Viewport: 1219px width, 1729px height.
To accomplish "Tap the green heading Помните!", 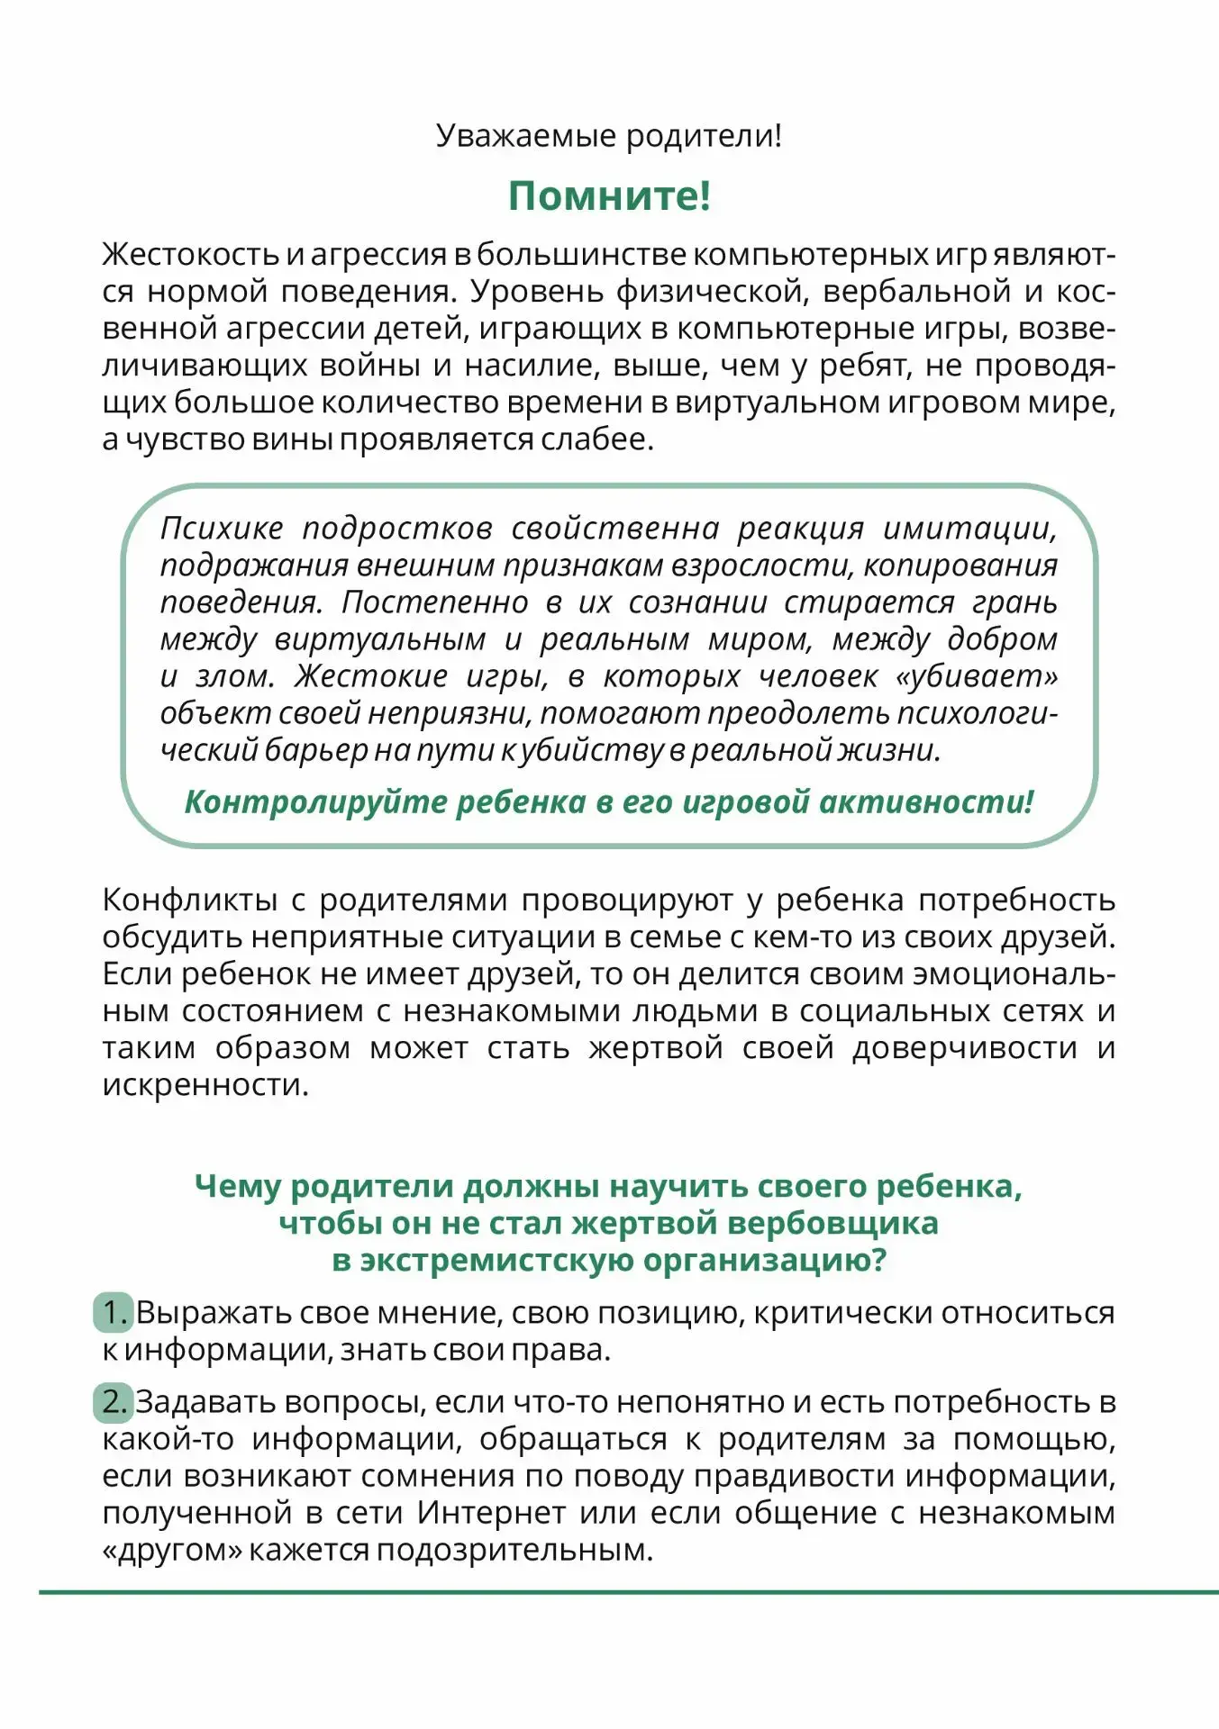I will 609,195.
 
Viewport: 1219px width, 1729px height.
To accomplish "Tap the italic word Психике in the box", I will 222,528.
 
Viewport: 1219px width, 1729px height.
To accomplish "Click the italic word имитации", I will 969,528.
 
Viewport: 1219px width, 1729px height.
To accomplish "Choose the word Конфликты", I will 190,900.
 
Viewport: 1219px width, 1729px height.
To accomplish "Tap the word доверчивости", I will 965,1048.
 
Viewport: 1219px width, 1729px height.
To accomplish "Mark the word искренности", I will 205,1085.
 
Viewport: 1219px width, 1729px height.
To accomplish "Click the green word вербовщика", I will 832,1223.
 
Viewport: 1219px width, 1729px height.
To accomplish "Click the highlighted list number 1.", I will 114,1313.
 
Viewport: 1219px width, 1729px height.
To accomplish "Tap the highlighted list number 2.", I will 114,1402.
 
